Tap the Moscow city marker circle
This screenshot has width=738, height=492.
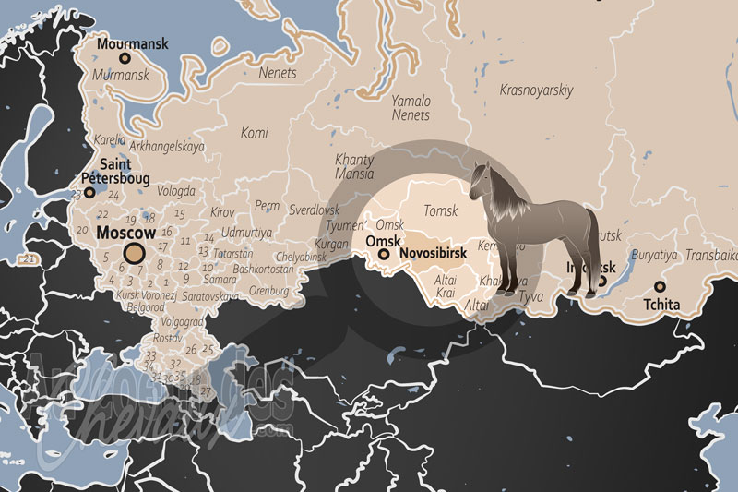(135, 253)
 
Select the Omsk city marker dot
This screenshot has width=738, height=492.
(384, 253)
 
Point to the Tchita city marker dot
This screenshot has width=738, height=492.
(659, 287)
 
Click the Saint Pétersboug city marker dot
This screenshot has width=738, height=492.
(89, 192)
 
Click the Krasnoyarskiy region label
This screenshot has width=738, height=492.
(536, 90)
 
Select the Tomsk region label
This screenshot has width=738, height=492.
(440, 211)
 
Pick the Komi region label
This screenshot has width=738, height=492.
(254, 133)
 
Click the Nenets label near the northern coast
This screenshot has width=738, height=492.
(278, 73)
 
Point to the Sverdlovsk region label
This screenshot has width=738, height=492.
(315, 210)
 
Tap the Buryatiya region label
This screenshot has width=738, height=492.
(654, 255)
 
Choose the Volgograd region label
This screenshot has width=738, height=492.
(182, 322)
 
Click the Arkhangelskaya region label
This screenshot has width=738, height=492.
(167, 146)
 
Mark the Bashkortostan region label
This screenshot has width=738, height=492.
(264, 270)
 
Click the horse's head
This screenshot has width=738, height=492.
(481, 179)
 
